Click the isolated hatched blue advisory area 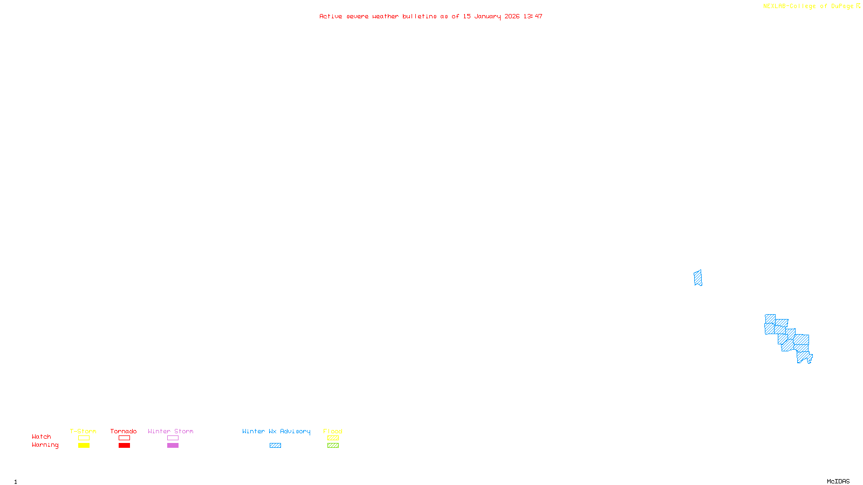[x=698, y=278]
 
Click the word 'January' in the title [x=487, y=16]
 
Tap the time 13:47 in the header [x=532, y=16]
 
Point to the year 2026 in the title [x=512, y=16]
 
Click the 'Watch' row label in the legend [x=42, y=437]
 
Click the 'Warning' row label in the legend [x=45, y=445]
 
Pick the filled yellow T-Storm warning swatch [x=84, y=446]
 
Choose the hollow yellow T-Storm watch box [x=84, y=438]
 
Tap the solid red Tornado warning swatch [x=124, y=446]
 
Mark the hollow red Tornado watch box [x=124, y=438]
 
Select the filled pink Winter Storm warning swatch [x=173, y=446]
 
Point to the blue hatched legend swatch [x=275, y=446]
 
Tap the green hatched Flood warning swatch [x=333, y=446]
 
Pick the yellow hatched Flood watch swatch [x=333, y=438]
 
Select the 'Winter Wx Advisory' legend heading [x=276, y=431]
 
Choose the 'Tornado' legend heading [x=124, y=431]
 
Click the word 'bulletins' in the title [x=419, y=16]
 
